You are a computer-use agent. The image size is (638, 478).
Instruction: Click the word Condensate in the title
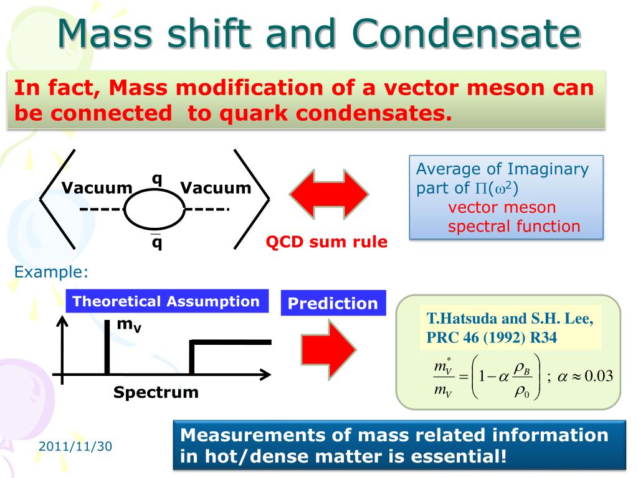(x=466, y=34)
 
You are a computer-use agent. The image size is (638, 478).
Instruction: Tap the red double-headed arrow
(x=329, y=194)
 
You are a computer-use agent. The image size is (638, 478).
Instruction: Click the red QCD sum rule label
(x=326, y=242)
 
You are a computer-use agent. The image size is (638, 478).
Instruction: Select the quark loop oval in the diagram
(x=155, y=209)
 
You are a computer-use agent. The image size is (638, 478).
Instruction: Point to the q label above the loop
(x=156, y=179)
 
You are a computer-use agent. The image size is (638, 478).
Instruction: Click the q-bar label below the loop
(x=156, y=242)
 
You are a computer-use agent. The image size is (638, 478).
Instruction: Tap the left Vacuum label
(x=97, y=188)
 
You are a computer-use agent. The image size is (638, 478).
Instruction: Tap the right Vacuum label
(x=216, y=188)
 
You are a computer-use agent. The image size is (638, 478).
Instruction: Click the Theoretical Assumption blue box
(x=167, y=301)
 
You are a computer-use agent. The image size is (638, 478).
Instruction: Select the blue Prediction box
(x=333, y=303)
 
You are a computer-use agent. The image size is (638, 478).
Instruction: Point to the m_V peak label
(x=129, y=325)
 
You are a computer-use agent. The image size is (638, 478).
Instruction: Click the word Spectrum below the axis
(x=156, y=392)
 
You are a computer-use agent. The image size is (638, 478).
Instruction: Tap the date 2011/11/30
(x=75, y=446)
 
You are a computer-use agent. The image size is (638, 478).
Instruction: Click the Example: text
(x=51, y=272)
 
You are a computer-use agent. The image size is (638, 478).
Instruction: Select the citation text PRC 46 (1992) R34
(x=492, y=337)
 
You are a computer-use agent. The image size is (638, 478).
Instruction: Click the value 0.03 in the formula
(x=599, y=376)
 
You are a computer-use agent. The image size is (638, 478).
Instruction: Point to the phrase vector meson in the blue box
(x=502, y=207)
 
